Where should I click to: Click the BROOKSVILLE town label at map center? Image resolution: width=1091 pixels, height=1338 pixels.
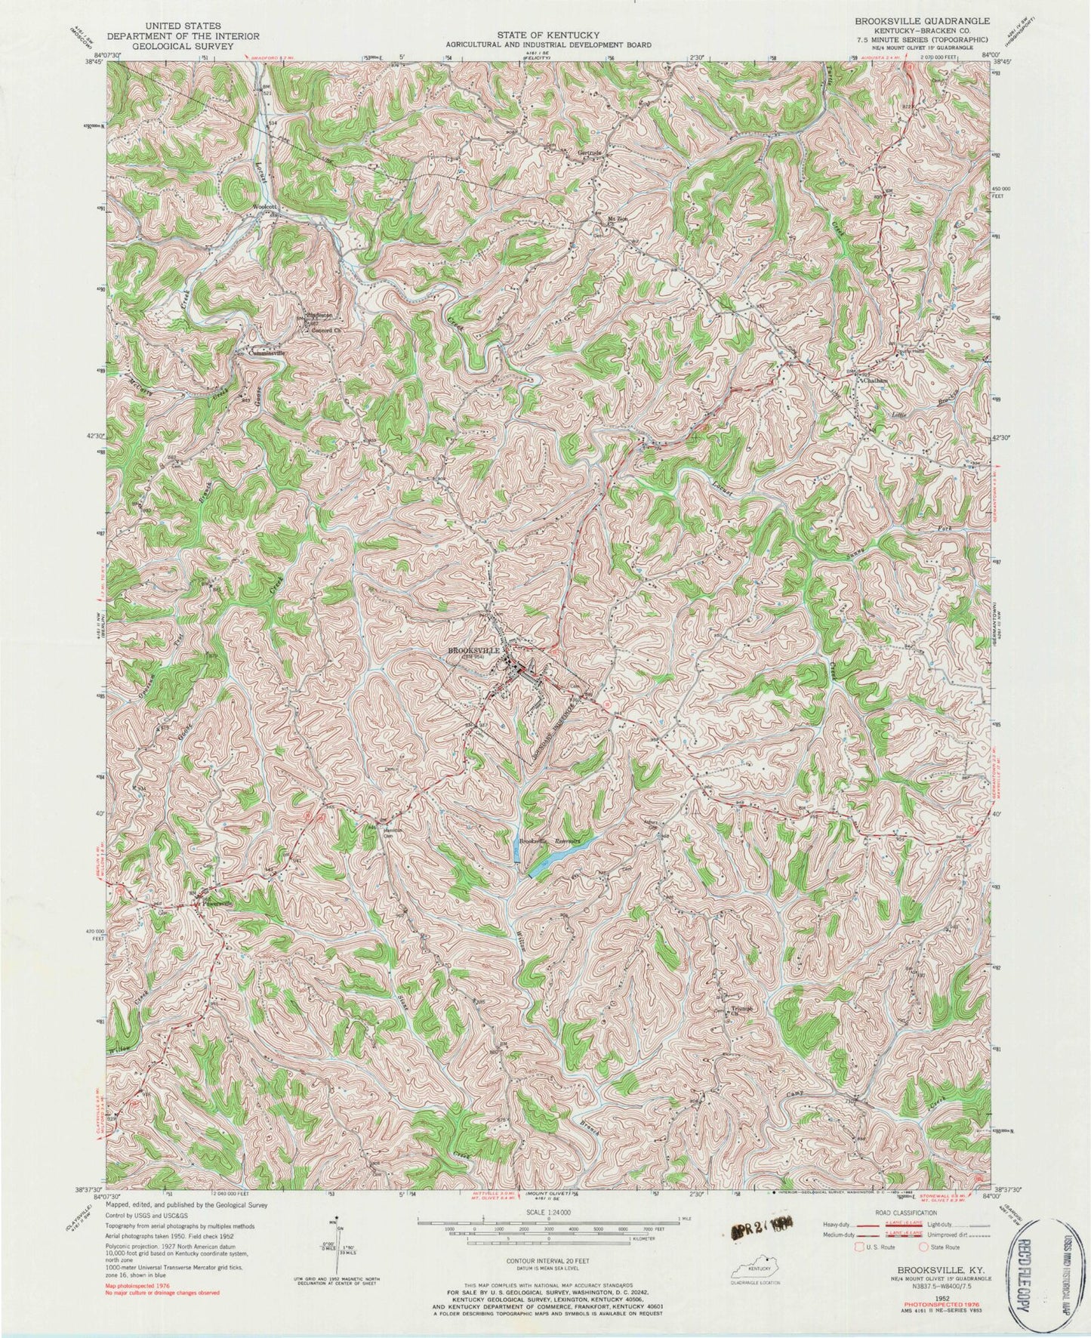pos(474,650)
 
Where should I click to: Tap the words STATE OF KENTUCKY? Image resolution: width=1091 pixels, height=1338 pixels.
pos(548,35)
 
